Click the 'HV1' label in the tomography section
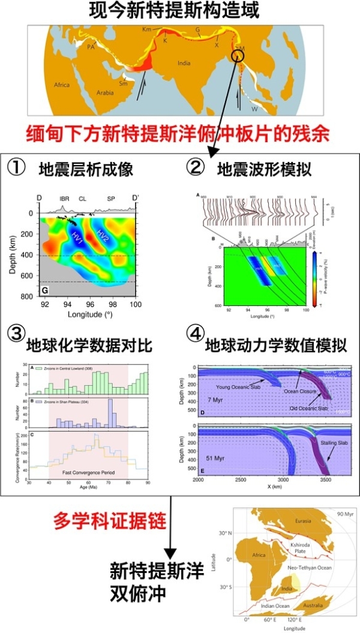[77, 236]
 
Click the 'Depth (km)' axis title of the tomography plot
[14, 254]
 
